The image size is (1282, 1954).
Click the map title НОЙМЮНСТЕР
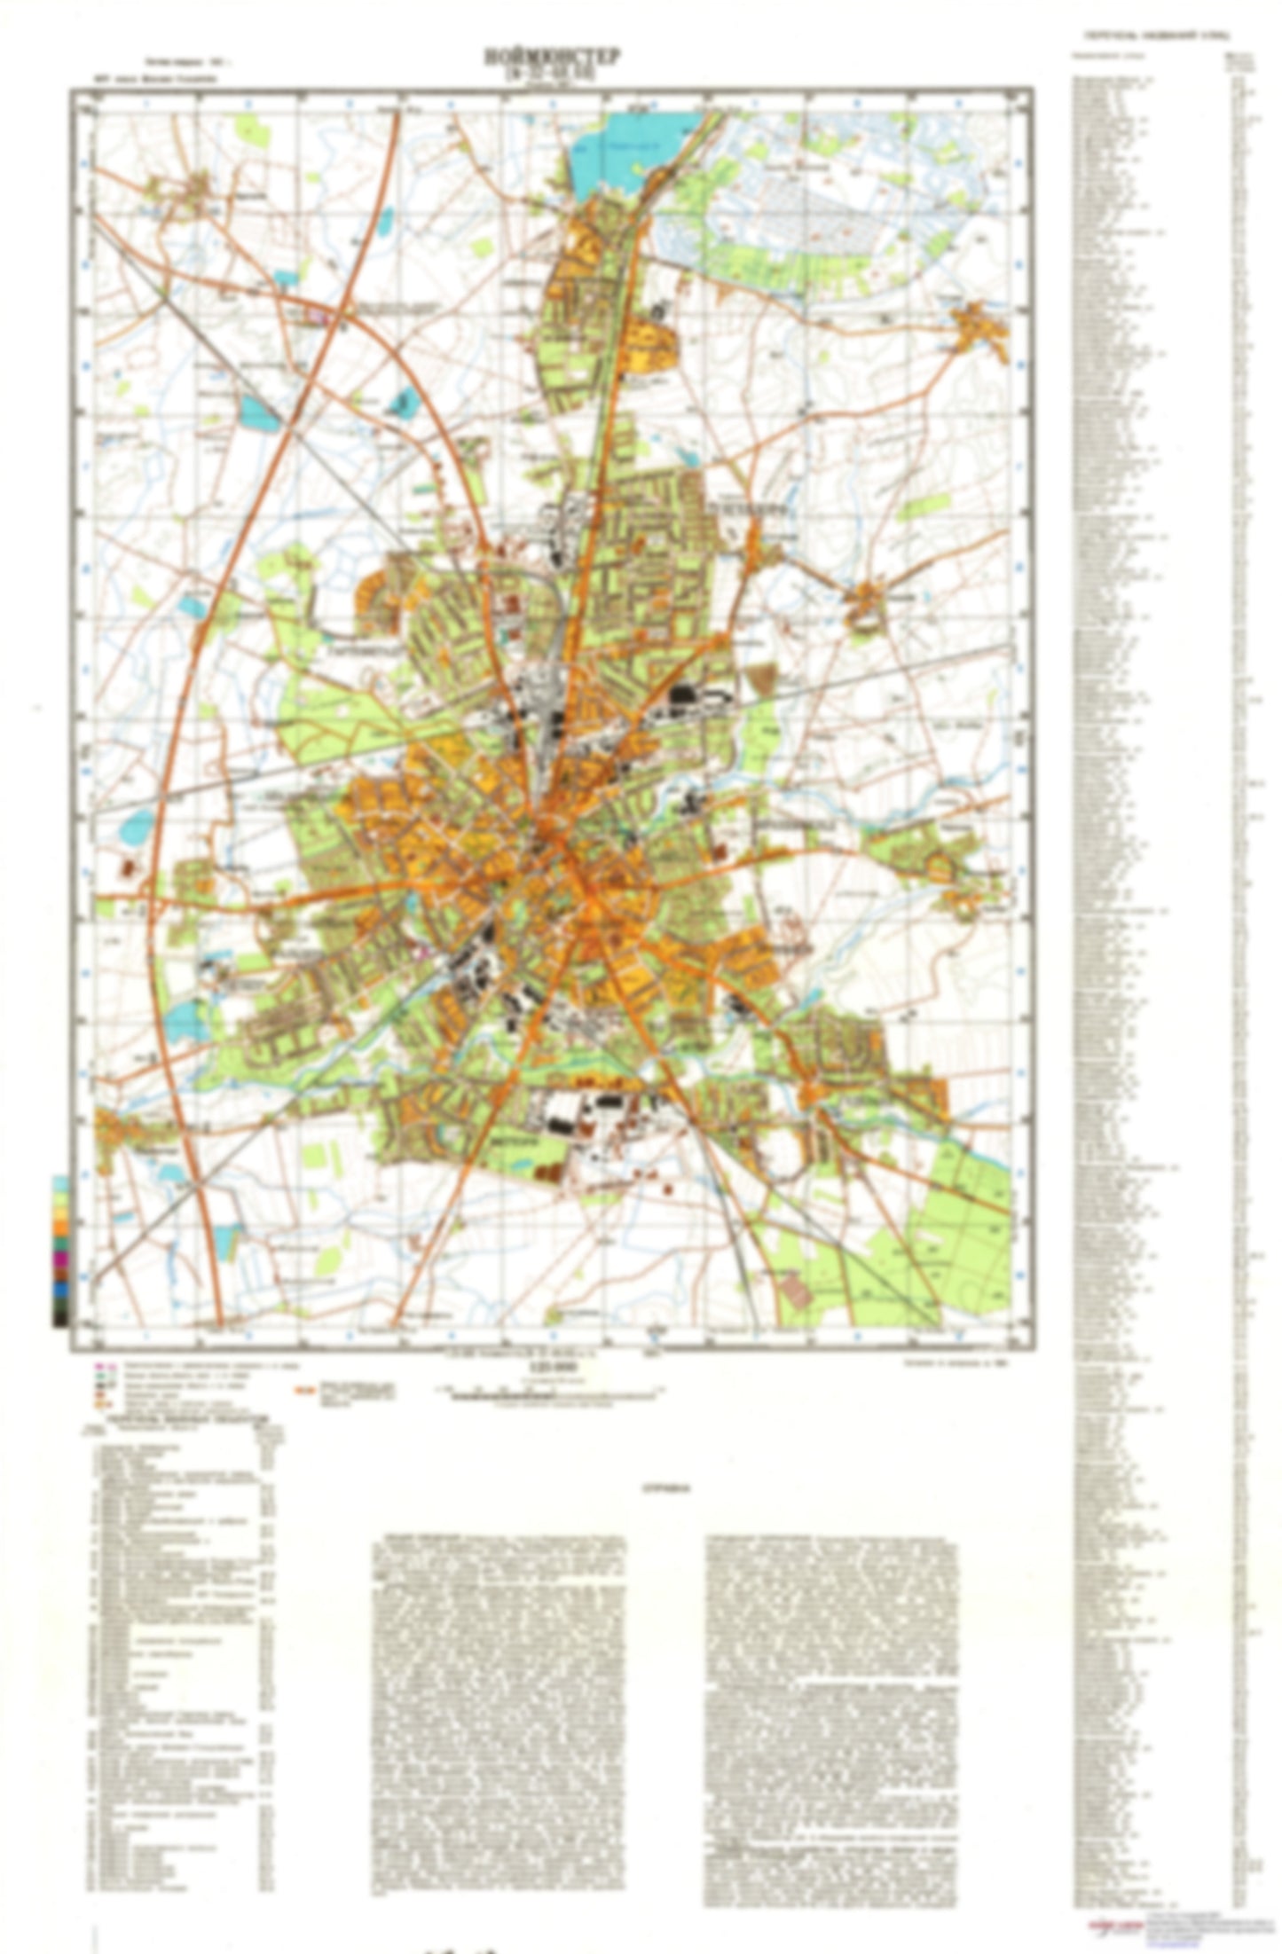[553, 58]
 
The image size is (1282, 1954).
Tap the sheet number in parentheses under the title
[553, 75]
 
